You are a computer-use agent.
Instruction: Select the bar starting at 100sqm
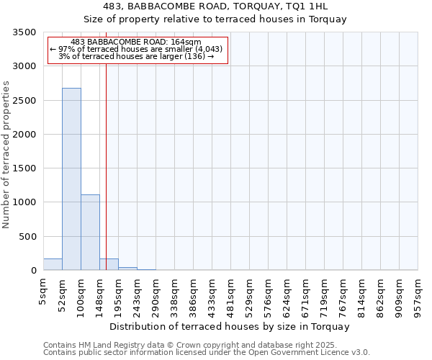90,232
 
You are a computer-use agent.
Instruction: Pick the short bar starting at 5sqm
53,264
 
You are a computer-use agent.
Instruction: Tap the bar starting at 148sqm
109,264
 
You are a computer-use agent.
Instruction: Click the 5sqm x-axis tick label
43,289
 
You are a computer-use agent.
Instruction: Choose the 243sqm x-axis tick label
137,294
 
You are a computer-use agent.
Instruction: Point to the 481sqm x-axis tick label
230,294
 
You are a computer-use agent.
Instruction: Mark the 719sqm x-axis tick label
324,294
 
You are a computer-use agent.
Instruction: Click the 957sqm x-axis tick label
418,294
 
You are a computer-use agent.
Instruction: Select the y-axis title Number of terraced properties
6,154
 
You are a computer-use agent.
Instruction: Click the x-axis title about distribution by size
230,326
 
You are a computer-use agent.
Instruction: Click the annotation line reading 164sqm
136,42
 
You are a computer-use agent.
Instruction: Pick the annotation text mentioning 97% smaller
136,49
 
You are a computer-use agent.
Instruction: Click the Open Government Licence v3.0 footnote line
207,353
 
